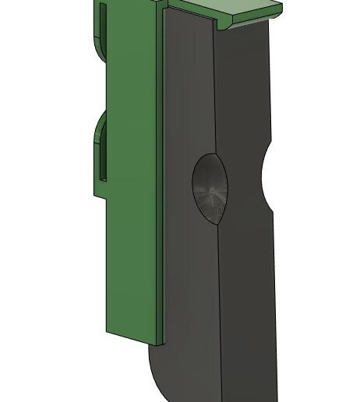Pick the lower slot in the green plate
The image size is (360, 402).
point(102,156)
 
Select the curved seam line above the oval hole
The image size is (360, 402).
point(214,93)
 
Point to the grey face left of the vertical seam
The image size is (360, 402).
point(187,296)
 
